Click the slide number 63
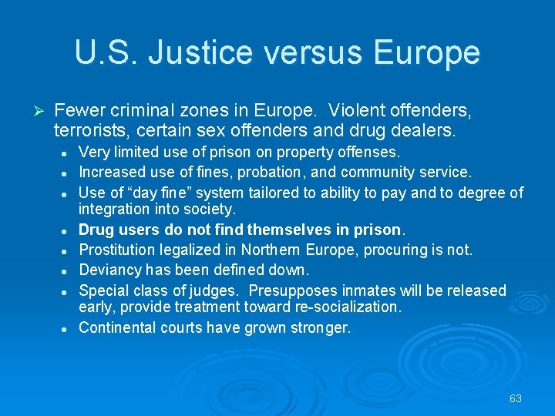516,398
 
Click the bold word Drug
97,230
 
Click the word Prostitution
118,250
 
